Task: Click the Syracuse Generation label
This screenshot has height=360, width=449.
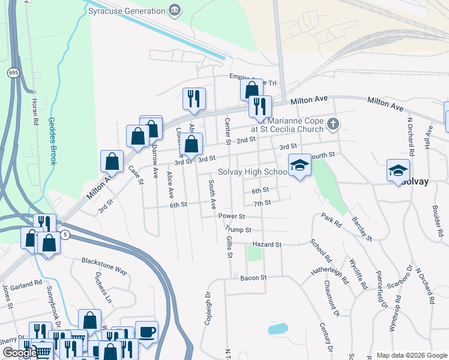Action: pyautogui.click(x=126, y=11)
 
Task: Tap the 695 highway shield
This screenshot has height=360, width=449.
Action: pyautogui.click(x=13, y=73)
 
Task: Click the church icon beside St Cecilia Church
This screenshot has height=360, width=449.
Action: pyautogui.click(x=334, y=124)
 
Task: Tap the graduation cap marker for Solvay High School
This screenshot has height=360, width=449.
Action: pyautogui.click(x=300, y=165)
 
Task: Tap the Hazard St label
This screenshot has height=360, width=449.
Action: pyautogui.click(x=267, y=245)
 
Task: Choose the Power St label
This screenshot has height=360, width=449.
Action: pyautogui.click(x=232, y=216)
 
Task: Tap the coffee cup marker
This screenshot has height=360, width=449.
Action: pyautogui.click(x=146, y=331)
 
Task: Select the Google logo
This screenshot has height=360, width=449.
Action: pyautogui.click(x=19, y=353)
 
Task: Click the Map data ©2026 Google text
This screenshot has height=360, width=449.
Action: pyautogui.click(x=411, y=355)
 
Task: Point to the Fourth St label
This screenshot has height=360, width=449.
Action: pyautogui.click(x=321, y=155)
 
